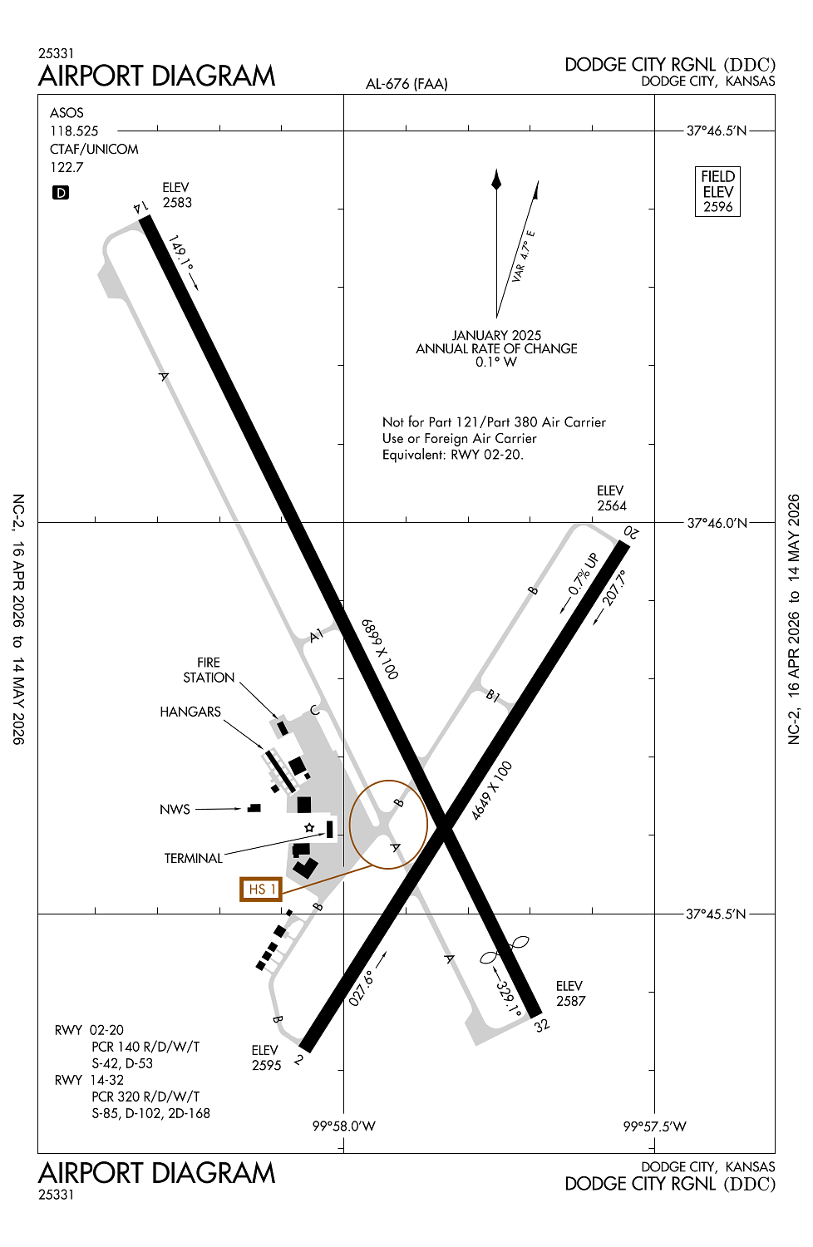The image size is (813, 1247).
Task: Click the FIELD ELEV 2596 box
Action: coord(717,192)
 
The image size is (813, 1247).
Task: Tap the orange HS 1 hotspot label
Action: coord(261,889)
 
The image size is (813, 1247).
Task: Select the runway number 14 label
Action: coord(140,207)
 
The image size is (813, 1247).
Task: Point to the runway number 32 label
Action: coord(542,1025)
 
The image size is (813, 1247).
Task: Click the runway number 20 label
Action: coord(632,532)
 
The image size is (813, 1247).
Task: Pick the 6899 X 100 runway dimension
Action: coord(380,648)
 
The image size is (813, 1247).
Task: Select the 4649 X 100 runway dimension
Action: coord(492,791)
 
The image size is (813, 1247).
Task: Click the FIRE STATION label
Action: coord(209,670)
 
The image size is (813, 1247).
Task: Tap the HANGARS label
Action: coord(190,712)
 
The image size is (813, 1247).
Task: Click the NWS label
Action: coord(175,809)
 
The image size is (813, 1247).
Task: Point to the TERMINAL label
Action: coord(193,858)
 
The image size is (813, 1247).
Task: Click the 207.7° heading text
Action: coord(615,588)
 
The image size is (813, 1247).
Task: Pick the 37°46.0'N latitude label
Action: coord(717,523)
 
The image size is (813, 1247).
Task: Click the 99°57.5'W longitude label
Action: coord(655,1126)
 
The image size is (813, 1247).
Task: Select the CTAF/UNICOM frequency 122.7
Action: coord(67,167)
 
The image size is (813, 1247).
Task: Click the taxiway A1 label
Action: coord(316,636)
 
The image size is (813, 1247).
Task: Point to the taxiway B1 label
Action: coord(493,695)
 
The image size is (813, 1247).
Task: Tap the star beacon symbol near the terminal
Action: coord(309,827)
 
